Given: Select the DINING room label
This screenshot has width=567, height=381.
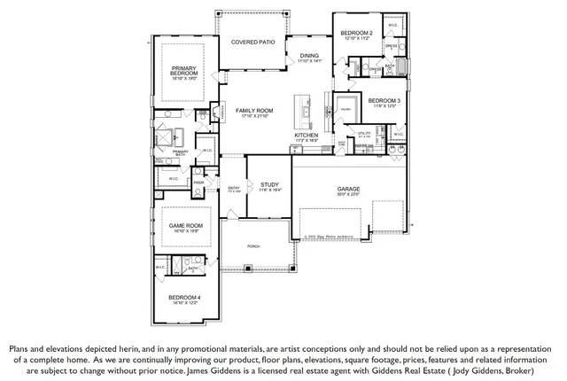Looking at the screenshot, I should [309, 56].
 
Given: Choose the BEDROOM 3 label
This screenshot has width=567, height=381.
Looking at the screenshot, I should [385, 101].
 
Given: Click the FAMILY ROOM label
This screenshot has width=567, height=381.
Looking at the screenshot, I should [254, 111].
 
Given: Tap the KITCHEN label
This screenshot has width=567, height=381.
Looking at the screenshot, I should [307, 135].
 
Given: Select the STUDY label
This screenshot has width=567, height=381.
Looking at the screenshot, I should [269, 184].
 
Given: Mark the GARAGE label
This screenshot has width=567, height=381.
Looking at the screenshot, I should [348, 189].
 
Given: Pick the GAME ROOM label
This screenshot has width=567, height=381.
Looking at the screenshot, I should [187, 225].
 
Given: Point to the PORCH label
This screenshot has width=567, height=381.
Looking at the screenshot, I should [253, 245].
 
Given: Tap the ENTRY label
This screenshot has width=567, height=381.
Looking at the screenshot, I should [234, 188].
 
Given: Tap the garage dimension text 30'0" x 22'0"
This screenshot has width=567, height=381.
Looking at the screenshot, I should [348, 195].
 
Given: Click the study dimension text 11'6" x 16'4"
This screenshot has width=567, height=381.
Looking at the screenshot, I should [269, 190].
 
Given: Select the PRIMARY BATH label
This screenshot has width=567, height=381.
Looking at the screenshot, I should [181, 152].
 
